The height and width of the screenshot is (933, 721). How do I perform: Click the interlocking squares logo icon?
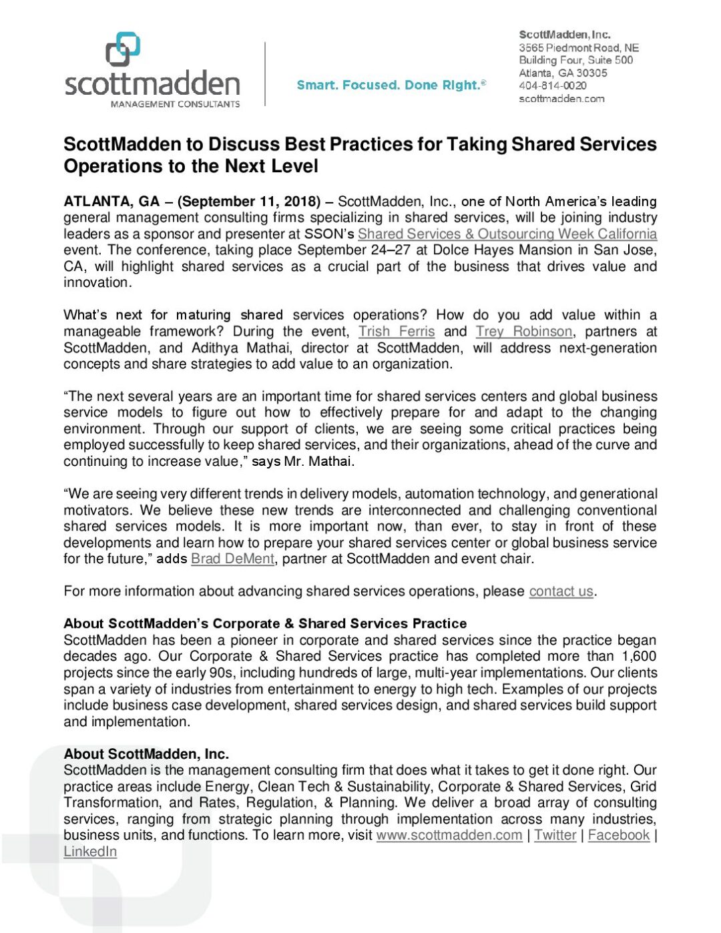coord(123,50)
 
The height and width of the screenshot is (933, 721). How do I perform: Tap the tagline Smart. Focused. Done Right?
coord(391,85)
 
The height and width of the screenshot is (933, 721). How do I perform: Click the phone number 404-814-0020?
coord(553,85)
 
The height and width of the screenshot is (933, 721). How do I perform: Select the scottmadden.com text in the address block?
coord(561,99)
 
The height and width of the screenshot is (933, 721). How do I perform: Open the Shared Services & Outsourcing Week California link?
coord(507,234)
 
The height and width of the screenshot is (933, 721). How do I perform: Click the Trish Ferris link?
coord(396,331)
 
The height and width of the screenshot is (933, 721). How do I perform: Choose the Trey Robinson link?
coord(523,331)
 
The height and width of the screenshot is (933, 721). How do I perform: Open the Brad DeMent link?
coord(232,559)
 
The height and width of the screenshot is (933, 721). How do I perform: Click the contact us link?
coord(561,591)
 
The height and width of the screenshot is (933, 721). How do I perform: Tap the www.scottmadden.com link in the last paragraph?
coord(449,835)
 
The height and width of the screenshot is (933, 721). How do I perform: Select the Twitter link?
coord(555,835)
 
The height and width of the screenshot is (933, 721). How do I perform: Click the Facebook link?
coord(618,835)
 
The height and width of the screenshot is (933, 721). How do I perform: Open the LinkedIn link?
coord(90,852)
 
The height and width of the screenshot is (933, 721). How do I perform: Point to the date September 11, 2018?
coord(249,202)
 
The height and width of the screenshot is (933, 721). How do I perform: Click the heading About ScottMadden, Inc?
coord(146,754)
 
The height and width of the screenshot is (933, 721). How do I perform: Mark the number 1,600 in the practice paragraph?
coord(639,656)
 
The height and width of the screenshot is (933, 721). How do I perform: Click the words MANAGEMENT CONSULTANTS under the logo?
coord(175,104)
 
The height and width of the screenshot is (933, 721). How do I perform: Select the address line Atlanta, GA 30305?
coord(563,73)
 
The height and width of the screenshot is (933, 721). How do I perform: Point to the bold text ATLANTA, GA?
coord(111,202)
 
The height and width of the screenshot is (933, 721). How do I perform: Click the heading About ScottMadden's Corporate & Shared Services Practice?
coord(265,623)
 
